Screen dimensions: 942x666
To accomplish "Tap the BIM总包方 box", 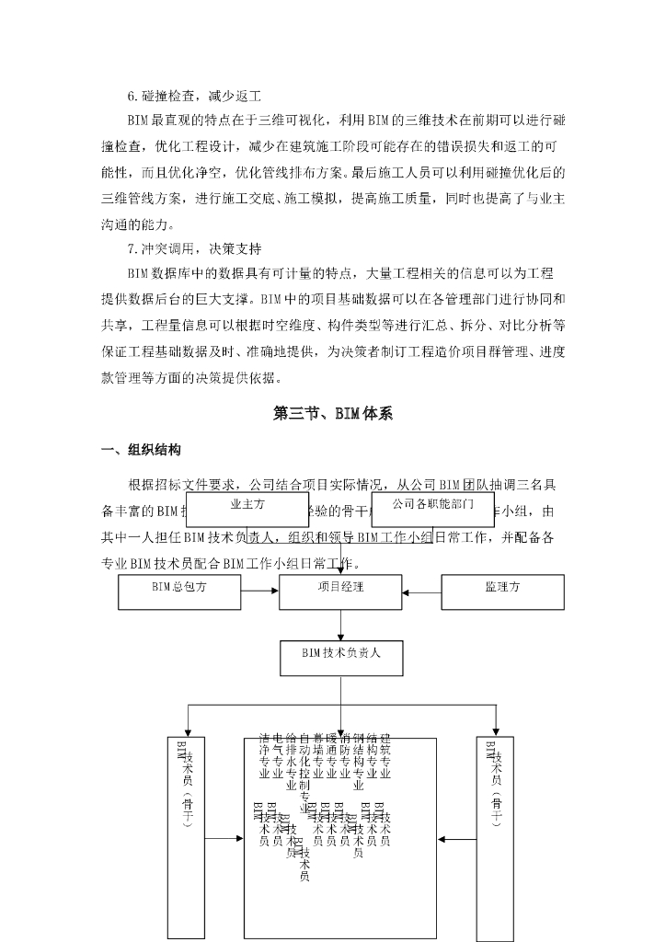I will click(x=178, y=592).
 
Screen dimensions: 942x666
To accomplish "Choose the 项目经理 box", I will click(x=340, y=592).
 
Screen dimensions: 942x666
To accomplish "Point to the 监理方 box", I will click(x=502, y=592).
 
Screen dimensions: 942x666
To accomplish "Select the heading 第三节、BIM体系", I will click(x=333, y=414).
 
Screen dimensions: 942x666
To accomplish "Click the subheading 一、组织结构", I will click(x=141, y=450).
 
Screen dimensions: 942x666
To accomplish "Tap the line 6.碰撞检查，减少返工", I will click(x=195, y=96).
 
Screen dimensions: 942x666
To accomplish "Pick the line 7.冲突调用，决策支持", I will click(x=195, y=248).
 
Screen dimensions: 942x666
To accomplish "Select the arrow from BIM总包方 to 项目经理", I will click(x=259, y=592).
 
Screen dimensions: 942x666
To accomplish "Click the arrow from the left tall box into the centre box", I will click(x=224, y=838).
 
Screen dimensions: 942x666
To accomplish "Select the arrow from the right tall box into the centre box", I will click(x=456, y=838).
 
